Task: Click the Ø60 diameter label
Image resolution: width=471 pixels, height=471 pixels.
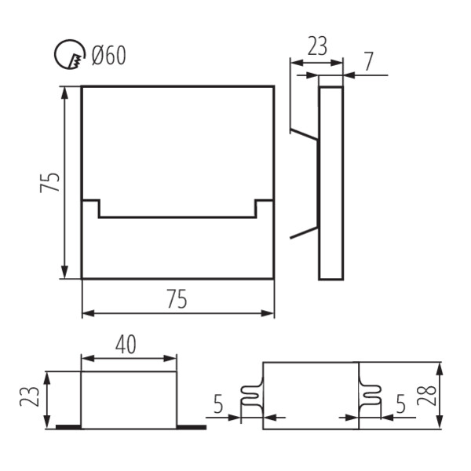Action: point(109,55)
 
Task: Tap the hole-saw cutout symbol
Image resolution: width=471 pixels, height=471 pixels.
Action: point(70,55)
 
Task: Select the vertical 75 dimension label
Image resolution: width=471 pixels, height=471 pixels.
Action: point(50,182)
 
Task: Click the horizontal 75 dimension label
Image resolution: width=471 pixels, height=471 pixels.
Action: point(177,298)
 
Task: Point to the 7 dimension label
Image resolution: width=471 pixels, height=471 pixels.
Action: point(369,61)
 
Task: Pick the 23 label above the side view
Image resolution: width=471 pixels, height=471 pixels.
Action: point(317,46)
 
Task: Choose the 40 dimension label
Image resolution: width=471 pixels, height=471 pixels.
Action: point(126,345)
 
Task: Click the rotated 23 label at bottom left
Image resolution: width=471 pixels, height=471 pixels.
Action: point(30,396)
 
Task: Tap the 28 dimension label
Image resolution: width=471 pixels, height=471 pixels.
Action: point(426,395)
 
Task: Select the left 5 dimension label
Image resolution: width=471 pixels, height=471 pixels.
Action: point(218,404)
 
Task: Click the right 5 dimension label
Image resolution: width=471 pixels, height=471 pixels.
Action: point(400,403)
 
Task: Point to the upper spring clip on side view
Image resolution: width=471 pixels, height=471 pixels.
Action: point(304,134)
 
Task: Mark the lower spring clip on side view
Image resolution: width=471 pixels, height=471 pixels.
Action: point(304,233)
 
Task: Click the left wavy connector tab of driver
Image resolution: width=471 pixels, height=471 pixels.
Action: point(252,396)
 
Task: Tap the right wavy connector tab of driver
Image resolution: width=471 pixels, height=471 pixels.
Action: point(370,396)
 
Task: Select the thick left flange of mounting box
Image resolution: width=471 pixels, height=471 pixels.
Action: point(68,427)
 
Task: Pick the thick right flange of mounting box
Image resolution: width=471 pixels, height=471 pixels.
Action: point(192,427)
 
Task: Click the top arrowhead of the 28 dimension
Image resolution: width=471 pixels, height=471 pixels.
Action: point(439,369)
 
